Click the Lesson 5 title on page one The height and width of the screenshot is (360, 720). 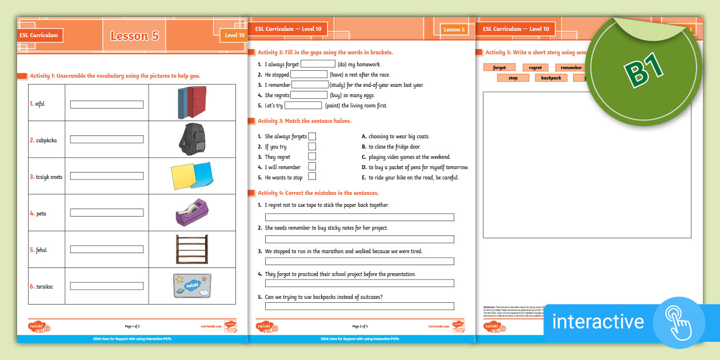pos(134,35)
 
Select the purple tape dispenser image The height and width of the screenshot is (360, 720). pos(191,213)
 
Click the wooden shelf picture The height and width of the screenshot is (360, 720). pos(191,249)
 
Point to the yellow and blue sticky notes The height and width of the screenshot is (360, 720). pos(191,176)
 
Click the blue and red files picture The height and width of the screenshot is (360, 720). pos(191,103)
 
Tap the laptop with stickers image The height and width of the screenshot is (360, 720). pos(191,286)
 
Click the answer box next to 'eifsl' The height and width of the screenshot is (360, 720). pos(106,105)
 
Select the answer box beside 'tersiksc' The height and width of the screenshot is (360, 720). pos(106,286)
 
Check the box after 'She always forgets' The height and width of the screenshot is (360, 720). pos(312,137)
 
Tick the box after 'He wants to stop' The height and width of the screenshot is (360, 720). pos(312,177)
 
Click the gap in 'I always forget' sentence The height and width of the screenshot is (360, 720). pos(318,64)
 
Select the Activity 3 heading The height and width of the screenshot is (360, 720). pos(304,121)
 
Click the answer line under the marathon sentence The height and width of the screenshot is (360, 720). pos(359,261)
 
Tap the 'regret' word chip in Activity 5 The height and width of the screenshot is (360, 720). pos(535,67)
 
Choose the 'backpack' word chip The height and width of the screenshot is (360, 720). pos(551,78)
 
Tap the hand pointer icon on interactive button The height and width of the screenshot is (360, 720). pos(678,322)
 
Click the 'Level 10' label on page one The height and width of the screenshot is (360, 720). pos(234,35)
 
